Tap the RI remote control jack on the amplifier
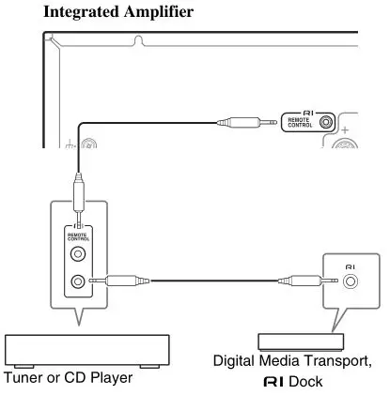(x=326, y=121)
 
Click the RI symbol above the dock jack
(x=351, y=266)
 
